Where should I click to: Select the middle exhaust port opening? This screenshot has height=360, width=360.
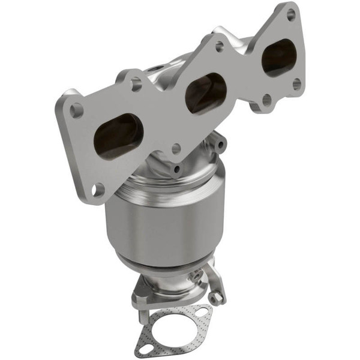[206, 92]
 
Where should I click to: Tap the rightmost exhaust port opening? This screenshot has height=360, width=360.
[278, 58]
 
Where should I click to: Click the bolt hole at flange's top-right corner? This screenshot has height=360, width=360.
[291, 14]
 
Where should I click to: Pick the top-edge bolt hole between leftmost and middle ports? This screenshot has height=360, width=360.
[136, 83]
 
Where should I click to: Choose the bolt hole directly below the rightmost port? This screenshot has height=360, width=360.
[266, 99]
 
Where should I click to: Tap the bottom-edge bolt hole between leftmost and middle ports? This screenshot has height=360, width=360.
[176, 148]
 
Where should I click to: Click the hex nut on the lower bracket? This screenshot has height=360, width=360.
[217, 296]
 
